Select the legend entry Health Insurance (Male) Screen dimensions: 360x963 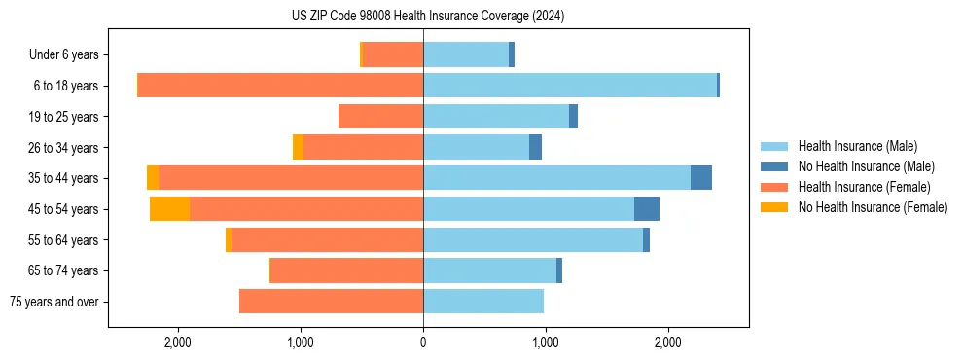857,146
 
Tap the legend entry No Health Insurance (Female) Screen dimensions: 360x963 873,207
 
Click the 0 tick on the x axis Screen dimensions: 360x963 423,342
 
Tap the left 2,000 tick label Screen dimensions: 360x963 178,342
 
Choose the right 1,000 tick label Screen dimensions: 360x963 546,342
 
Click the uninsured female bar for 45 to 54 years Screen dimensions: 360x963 169,209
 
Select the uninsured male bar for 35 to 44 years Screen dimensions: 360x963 700,178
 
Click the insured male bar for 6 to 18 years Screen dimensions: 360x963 570,86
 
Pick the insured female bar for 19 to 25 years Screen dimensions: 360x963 380,117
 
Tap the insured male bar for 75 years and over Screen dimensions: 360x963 483,302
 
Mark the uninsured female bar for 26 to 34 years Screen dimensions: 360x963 298,147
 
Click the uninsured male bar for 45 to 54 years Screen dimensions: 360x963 647,209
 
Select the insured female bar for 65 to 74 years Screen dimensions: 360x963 346,270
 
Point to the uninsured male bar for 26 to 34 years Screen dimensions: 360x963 535,147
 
